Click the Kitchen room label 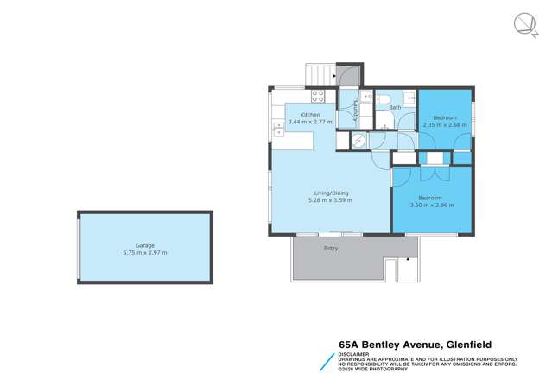(x=310, y=115)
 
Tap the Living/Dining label (x=330, y=193)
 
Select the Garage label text (x=144, y=245)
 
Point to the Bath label (x=394, y=108)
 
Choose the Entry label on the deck (x=331, y=249)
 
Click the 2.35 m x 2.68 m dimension (x=445, y=124)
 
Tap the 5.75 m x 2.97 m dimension (x=144, y=252)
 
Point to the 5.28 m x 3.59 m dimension (x=330, y=200)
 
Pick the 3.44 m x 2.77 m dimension (x=310, y=123)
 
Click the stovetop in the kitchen (x=317, y=96)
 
